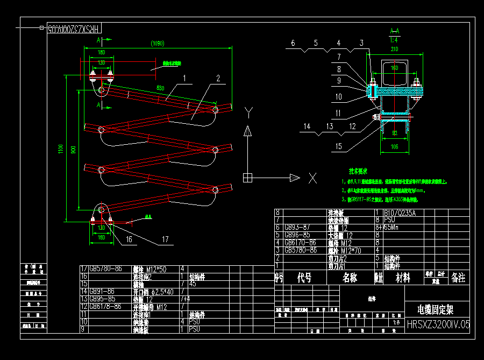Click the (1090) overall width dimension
tap(157, 44)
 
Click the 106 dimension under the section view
tap(395, 146)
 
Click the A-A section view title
tap(394, 31)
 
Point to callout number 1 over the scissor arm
tap(184, 78)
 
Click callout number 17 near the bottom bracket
tap(165, 239)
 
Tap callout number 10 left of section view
tap(339, 97)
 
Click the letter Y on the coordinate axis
tap(248, 112)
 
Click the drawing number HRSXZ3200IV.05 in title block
tap(438, 324)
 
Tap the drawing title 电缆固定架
tap(435, 309)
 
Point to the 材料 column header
tap(403, 278)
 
